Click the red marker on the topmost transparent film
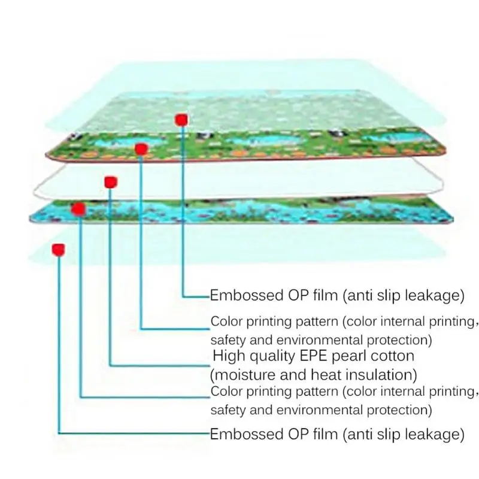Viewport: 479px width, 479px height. point(181,120)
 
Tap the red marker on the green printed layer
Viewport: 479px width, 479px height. point(141,149)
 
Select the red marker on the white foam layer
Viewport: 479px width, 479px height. point(111,183)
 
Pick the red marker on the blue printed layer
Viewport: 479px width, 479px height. point(78,209)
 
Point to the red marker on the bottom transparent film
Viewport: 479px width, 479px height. point(58,250)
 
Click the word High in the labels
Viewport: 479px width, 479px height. point(224,356)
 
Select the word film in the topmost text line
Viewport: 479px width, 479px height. point(325,295)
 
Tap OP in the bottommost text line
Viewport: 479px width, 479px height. point(298,434)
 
